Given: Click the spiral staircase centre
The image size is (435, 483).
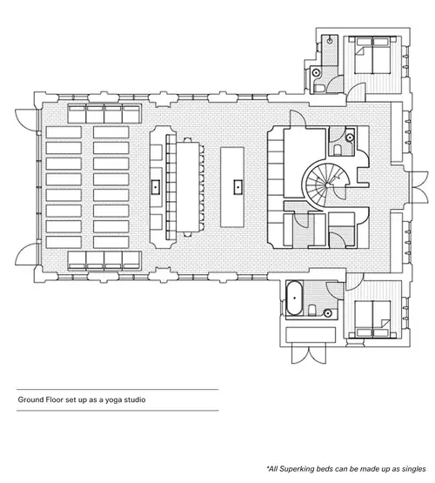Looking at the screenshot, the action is (326, 184).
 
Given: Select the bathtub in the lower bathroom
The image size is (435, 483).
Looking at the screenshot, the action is (295, 298).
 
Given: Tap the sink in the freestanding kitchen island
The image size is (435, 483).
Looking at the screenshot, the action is (238, 187).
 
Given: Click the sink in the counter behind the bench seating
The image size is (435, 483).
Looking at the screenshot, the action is (156, 186).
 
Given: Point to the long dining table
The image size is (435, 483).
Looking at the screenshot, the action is (189, 187).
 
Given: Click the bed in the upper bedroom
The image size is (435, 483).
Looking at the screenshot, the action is (373, 56).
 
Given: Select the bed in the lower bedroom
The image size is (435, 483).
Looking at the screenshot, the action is (373, 319).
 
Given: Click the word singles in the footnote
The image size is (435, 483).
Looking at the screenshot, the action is (413, 469).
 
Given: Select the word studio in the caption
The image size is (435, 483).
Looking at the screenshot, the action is (135, 399).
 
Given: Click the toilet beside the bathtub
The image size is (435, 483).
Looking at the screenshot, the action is (311, 310).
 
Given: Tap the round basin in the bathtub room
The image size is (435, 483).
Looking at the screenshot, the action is (328, 313).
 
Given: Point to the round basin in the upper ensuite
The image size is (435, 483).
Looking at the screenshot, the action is (316, 73).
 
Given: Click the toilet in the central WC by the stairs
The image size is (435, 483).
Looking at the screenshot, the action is (337, 150).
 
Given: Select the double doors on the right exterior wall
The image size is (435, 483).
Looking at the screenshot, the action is (419, 187).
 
